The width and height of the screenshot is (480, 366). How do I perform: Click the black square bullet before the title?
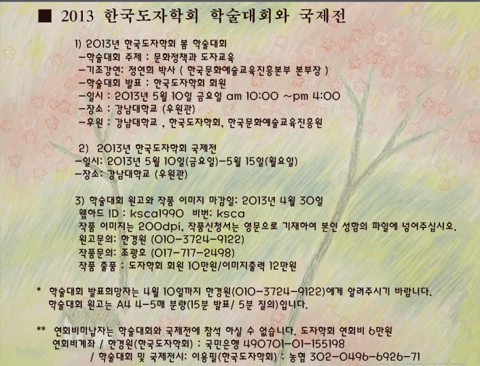pos(45,16)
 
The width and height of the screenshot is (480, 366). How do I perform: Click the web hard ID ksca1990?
pos(157,213)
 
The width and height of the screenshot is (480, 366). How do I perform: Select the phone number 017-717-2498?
pos(193,253)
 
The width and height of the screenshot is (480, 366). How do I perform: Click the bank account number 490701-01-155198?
pos(294,344)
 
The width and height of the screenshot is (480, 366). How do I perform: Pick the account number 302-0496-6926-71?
pos(365,356)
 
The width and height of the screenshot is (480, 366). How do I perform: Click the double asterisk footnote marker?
pos(41,329)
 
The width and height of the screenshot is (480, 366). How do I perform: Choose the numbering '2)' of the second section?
pos(84,149)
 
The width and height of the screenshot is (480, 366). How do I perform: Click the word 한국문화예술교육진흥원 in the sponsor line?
pos(275,122)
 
